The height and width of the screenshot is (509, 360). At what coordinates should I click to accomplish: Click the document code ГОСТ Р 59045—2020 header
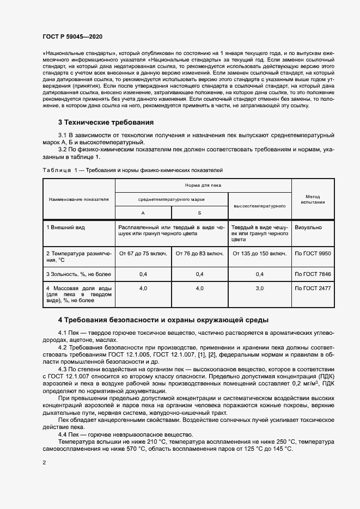[x=72, y=36]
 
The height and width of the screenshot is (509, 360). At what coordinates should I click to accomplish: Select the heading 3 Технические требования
[x=106, y=122]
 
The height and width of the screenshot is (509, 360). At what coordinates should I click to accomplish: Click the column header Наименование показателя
[x=78, y=199]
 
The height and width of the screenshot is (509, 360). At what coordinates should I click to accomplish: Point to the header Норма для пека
[x=203, y=186]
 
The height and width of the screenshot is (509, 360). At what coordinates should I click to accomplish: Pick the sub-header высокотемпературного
[x=259, y=206]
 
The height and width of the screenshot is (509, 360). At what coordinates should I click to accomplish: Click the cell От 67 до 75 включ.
[x=143, y=253]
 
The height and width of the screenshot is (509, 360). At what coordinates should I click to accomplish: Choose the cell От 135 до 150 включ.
[x=259, y=253]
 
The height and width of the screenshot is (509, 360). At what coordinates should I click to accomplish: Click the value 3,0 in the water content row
[x=259, y=287]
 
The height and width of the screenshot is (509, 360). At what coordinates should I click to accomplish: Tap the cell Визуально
[x=308, y=227]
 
